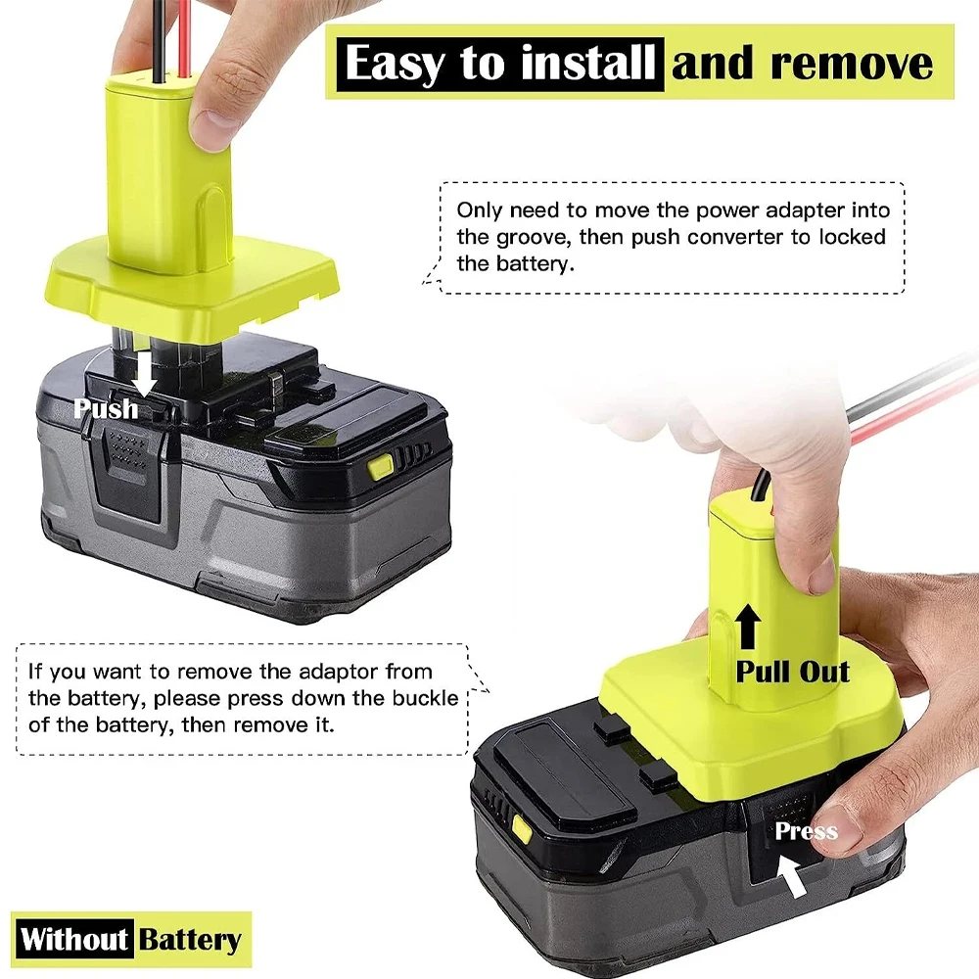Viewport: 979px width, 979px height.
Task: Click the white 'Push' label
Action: pyautogui.click(x=106, y=408)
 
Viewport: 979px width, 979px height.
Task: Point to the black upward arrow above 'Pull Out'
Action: pyautogui.click(x=747, y=628)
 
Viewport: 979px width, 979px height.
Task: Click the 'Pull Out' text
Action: pyautogui.click(x=793, y=672)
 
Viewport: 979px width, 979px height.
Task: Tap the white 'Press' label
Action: pyautogui.click(x=806, y=831)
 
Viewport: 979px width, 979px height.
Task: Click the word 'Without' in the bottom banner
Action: pyautogui.click(x=74, y=941)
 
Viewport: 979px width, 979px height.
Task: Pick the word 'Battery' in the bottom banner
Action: pyautogui.click(x=190, y=941)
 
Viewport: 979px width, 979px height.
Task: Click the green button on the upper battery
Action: pyautogui.click(x=378, y=468)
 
